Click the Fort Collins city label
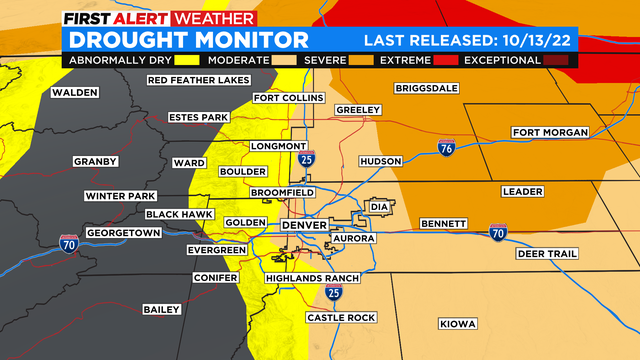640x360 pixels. (x=289, y=98)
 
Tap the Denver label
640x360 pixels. (x=304, y=226)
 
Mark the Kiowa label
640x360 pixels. (x=458, y=323)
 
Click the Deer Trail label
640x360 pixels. (x=547, y=254)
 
